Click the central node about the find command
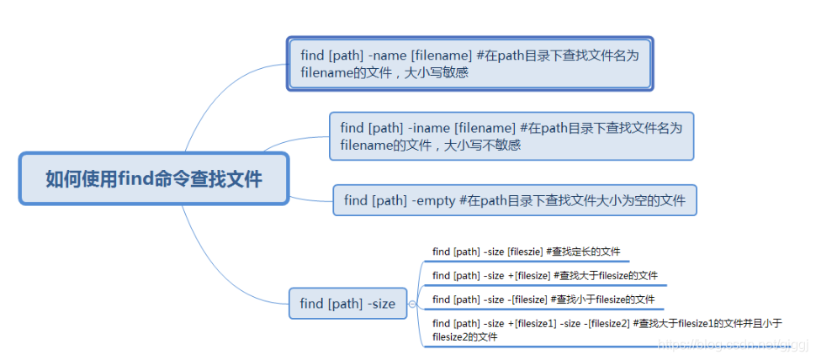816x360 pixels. [154, 178]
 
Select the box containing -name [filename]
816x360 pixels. [469, 63]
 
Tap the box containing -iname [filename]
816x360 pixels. [511, 135]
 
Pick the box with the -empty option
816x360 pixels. [514, 200]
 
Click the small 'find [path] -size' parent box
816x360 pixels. [347, 303]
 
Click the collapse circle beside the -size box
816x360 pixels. [412, 304]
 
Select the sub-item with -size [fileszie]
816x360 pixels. [526, 251]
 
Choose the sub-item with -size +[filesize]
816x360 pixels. [544, 275]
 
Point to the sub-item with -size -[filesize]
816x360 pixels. [543, 299]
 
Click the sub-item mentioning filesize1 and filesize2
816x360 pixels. [606, 330]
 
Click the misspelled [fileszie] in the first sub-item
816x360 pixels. [525, 251]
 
